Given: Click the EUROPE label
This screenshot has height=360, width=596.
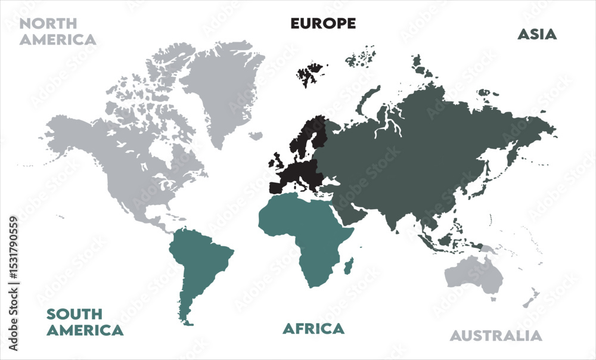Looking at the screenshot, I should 323,23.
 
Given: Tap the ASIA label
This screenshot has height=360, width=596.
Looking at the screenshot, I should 536,35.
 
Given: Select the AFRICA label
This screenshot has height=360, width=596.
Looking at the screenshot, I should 313,328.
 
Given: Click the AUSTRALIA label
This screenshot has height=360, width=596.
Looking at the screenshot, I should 496,336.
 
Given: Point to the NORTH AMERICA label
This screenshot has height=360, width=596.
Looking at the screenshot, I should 57,32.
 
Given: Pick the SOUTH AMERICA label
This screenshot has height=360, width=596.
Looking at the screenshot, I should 85,322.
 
